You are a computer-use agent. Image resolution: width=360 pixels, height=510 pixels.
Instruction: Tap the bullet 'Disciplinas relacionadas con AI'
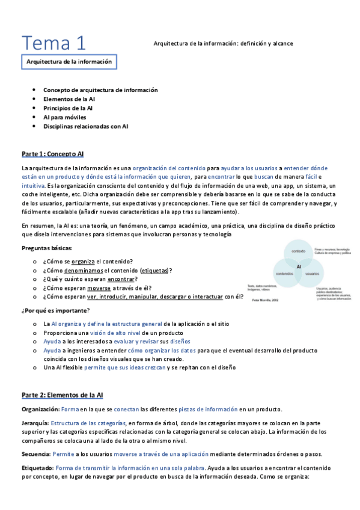(86, 126)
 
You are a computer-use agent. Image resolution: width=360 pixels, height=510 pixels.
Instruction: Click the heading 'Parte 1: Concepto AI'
(52, 154)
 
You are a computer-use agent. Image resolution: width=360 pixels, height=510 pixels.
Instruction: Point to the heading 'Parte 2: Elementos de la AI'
(63, 395)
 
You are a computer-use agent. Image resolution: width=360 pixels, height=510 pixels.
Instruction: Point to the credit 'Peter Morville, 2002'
(265, 300)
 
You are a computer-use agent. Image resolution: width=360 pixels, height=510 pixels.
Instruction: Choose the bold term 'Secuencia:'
(36, 454)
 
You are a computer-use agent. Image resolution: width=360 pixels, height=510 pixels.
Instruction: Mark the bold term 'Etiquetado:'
(37, 468)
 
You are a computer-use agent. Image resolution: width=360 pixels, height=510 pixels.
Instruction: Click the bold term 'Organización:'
(40, 409)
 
